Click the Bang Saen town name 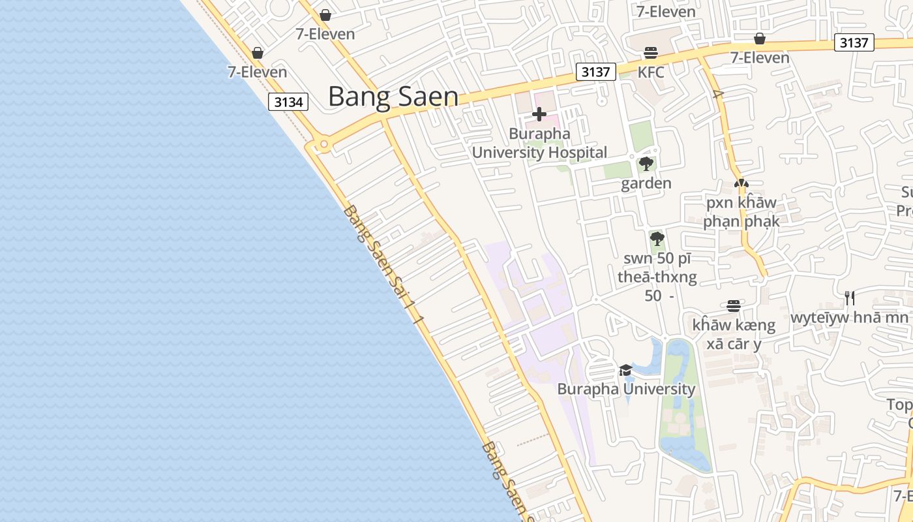(x=393, y=97)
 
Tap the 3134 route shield (x=288, y=102)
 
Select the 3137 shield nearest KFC (x=596, y=71)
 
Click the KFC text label (x=651, y=72)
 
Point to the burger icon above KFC (x=650, y=53)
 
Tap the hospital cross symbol (x=539, y=115)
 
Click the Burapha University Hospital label (x=539, y=144)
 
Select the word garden (x=646, y=183)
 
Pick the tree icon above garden (x=646, y=164)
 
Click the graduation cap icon (x=625, y=371)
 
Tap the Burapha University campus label (x=626, y=390)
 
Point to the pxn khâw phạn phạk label (x=741, y=211)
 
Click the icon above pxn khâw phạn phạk (x=741, y=184)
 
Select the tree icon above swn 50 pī (x=657, y=238)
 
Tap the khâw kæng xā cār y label (x=734, y=334)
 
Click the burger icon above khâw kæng (x=734, y=305)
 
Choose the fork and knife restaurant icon (x=849, y=298)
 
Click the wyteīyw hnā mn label (x=849, y=318)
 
